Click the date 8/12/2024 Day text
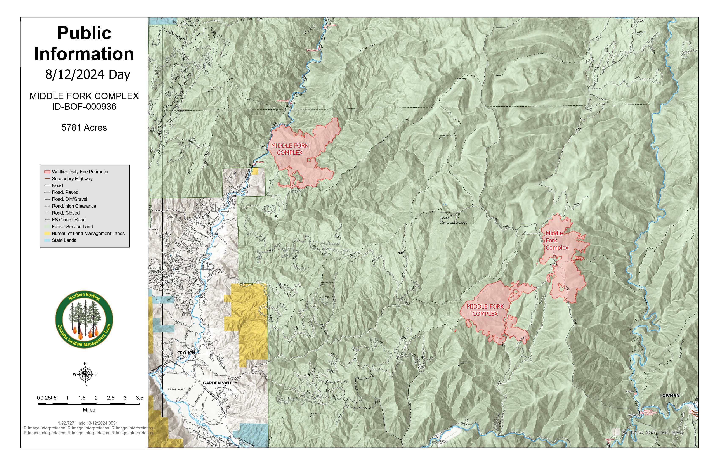pos(88,74)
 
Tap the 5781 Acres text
pos(84,127)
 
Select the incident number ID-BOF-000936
pos(84,107)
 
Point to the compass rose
pos(85,374)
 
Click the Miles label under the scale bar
pos(89,410)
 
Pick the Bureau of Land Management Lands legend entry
pos(88,233)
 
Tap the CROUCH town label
pos(186,353)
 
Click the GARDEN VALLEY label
pos(220,383)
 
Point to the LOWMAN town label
pos(670,395)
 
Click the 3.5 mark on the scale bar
pos(139,398)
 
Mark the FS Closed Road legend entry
pos(68,220)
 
